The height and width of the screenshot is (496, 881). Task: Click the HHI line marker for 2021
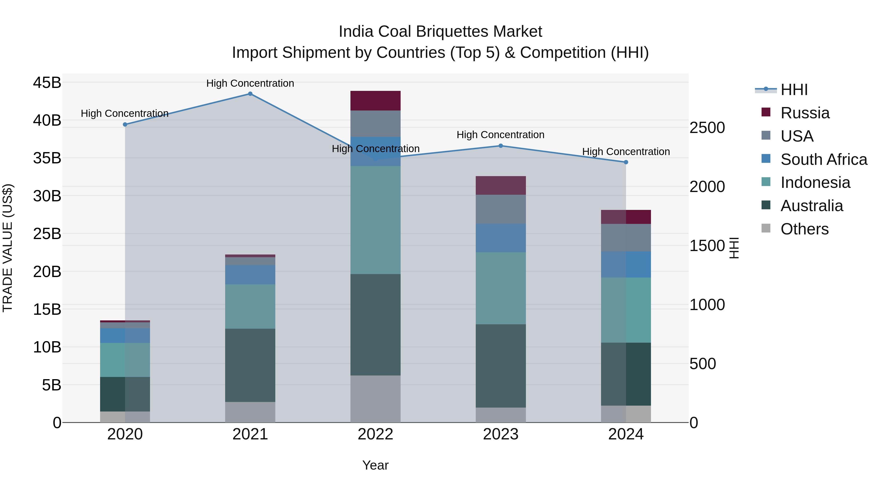[x=250, y=94]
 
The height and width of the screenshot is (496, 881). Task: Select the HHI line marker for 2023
[x=500, y=146]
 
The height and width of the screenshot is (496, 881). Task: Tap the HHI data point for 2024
[x=626, y=162]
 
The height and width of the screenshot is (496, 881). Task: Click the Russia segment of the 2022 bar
[x=375, y=101]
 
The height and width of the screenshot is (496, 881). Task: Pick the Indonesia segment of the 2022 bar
[x=375, y=220]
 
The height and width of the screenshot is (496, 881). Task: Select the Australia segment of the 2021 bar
[x=250, y=365]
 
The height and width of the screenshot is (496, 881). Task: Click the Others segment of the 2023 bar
[x=500, y=415]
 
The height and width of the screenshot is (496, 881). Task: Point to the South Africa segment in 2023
[x=500, y=238]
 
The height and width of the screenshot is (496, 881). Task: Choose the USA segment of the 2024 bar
[x=626, y=238]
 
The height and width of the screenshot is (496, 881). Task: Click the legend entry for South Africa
[x=823, y=159]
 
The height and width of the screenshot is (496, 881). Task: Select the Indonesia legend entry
[x=815, y=183]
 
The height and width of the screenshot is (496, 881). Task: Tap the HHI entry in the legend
[x=794, y=90]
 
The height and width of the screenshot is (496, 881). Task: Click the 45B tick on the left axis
[x=47, y=83]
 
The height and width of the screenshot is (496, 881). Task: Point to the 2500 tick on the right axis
[x=707, y=128]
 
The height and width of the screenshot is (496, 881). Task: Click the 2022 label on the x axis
[x=375, y=434]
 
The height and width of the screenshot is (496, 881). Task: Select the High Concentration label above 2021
[x=250, y=83]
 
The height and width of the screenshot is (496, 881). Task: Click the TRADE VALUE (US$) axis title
[x=8, y=248]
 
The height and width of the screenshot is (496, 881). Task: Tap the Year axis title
[x=375, y=465]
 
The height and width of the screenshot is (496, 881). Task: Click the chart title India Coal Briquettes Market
[x=440, y=32]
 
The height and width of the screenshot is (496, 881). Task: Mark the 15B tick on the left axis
[x=47, y=309]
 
